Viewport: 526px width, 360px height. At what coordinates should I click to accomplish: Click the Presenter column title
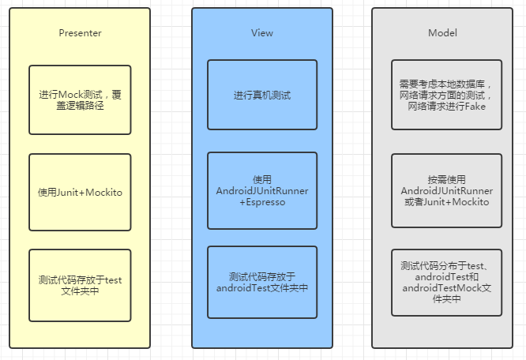(80, 33)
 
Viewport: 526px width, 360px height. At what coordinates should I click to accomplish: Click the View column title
(262, 33)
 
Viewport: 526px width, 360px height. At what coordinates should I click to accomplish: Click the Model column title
(442, 33)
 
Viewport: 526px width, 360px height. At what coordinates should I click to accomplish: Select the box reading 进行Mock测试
(80, 99)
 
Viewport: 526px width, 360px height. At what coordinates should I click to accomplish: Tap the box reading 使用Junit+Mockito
(80, 192)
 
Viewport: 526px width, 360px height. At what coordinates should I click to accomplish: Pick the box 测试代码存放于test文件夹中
(80, 285)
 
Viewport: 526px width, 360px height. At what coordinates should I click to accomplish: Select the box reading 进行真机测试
(262, 95)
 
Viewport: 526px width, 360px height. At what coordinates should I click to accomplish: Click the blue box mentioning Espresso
(262, 191)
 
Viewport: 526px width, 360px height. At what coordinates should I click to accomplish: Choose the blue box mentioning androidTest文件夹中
(262, 282)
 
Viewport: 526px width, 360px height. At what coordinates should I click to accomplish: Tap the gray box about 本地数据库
(446, 94)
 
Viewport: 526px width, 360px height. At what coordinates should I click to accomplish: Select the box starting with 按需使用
(446, 191)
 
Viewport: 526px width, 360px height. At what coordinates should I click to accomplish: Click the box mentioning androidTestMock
(446, 282)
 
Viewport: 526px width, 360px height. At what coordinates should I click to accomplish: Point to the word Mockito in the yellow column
(103, 192)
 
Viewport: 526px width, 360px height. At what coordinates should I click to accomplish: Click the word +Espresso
(262, 203)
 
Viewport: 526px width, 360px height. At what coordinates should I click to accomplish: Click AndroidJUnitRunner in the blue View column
(262, 191)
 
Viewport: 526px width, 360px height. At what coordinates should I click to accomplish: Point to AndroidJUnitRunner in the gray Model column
(446, 191)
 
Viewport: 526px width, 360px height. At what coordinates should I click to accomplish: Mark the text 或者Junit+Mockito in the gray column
(446, 202)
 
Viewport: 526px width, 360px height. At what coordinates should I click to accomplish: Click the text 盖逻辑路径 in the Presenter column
(80, 105)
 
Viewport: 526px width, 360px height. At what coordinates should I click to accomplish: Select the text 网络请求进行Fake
(446, 106)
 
